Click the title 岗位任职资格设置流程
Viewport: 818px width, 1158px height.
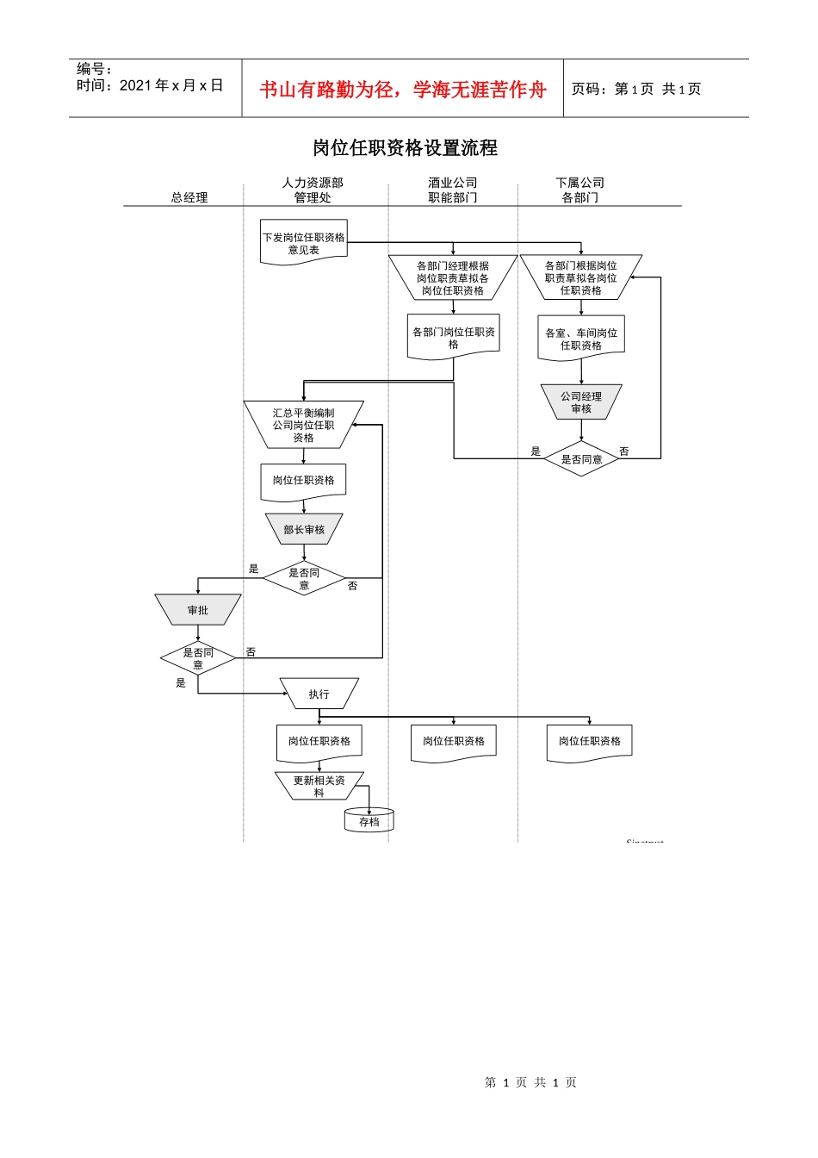pos(405,148)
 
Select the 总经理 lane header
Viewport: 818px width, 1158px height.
pos(189,197)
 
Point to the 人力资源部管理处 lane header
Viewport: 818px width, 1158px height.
pos(313,190)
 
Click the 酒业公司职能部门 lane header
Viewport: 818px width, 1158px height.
pos(453,190)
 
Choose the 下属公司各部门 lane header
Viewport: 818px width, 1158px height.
pos(580,190)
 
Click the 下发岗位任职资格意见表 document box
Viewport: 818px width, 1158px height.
pos(304,243)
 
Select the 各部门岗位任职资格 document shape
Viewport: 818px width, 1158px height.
pos(454,338)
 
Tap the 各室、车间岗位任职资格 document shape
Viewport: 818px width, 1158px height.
pos(581,339)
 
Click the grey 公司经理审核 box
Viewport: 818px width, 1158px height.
pos(581,402)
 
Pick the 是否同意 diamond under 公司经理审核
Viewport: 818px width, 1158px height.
pos(581,459)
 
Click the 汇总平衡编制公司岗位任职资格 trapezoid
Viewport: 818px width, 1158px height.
pos(304,425)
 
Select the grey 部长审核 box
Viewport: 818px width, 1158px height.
pos(304,530)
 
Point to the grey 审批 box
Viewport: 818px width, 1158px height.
pos(198,610)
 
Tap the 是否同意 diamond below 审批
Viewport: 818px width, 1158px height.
pos(198,659)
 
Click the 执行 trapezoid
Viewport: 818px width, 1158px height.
pos(319,694)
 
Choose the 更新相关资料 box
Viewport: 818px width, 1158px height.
pos(319,786)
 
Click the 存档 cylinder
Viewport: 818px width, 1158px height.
pos(369,821)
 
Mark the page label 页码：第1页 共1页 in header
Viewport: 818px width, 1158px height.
pos(636,89)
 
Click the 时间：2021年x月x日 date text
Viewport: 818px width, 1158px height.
pos(150,85)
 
